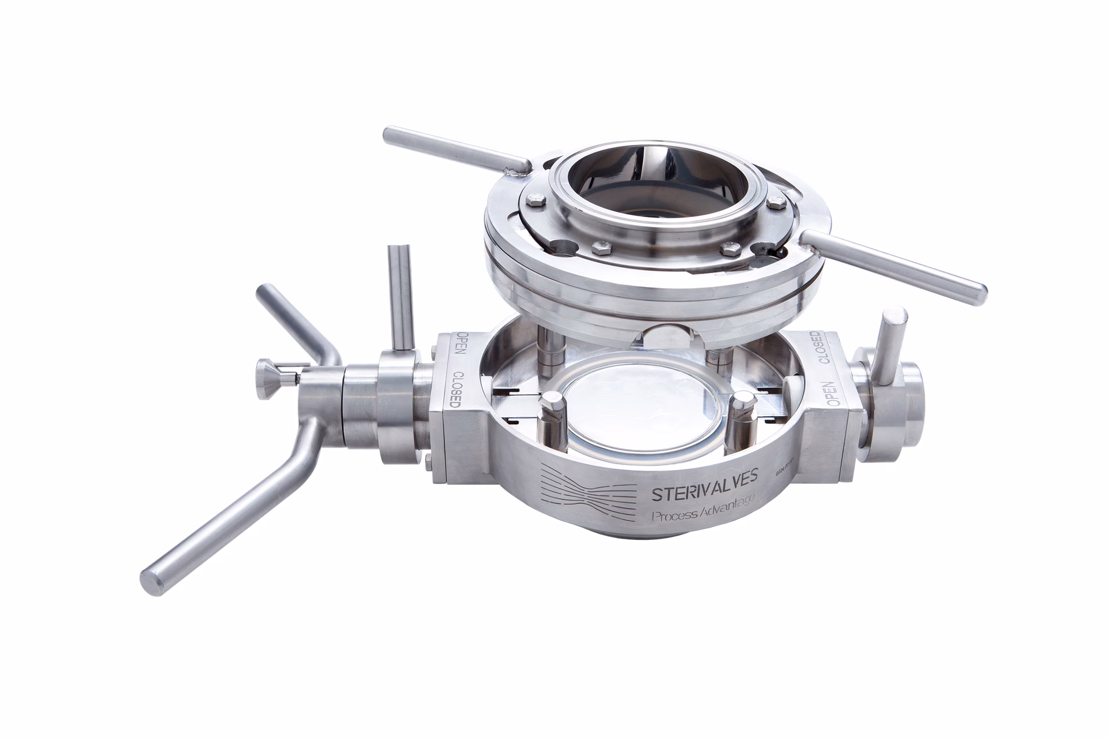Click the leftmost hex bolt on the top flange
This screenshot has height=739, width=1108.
[x=536, y=200]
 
